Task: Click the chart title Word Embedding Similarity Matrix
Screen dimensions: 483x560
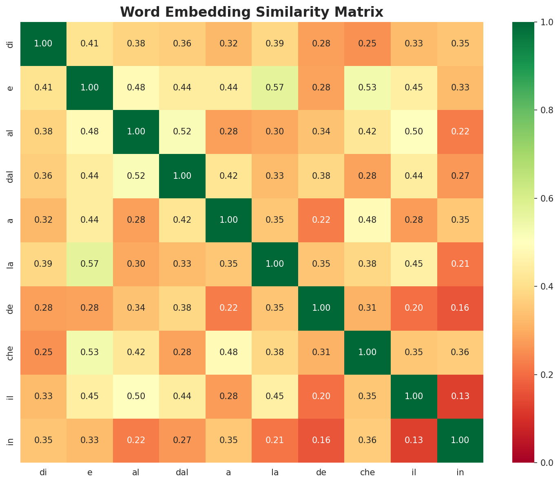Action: tap(252, 12)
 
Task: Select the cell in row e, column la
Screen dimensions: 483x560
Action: tap(275, 88)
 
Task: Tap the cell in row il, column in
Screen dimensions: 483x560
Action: tap(460, 396)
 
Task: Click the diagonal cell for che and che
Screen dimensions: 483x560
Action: tap(367, 352)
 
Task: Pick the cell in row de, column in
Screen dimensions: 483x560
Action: tap(460, 308)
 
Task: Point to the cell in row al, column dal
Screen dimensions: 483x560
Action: tap(182, 132)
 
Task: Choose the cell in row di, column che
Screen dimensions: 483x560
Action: tap(367, 44)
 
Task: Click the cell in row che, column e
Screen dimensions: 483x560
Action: tap(90, 352)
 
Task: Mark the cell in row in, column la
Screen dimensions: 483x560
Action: tap(275, 440)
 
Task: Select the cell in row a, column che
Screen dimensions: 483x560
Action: tap(367, 220)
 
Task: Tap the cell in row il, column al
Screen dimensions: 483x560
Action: tap(136, 396)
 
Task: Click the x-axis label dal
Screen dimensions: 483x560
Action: tap(182, 472)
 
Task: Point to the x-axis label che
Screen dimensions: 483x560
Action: tap(367, 472)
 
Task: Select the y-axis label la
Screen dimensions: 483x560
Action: tap(11, 264)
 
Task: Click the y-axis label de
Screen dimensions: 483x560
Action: tap(11, 308)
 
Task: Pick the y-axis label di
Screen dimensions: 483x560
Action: tap(11, 44)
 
